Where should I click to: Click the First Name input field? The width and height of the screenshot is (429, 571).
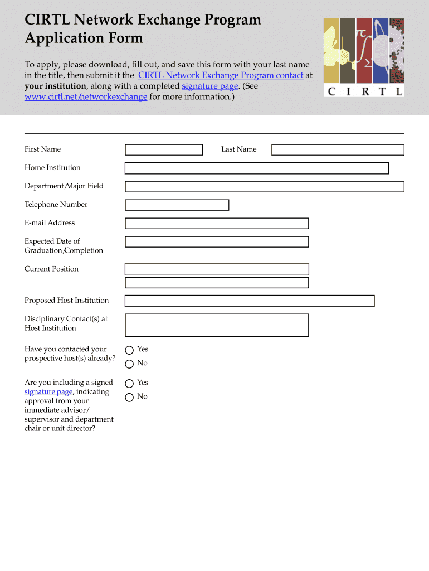[164, 149]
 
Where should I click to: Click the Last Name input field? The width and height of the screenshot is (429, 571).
[338, 149]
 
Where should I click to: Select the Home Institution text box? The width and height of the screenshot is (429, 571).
[256, 168]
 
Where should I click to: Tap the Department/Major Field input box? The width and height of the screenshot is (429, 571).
[264, 186]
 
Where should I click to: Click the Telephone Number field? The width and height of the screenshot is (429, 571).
[177, 205]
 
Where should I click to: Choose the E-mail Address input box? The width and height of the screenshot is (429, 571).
[216, 223]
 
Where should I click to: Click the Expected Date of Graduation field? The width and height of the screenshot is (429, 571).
[216, 241]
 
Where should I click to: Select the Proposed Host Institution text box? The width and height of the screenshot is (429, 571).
[249, 301]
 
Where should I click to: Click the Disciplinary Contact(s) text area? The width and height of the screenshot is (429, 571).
[216, 325]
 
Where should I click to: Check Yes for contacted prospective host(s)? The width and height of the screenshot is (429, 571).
[129, 350]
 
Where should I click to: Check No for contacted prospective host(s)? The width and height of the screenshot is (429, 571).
[129, 364]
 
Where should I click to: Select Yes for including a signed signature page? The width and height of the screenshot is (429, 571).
[129, 383]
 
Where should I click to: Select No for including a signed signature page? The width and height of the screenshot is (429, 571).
[129, 397]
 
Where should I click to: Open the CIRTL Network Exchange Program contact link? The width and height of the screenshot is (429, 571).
[221, 75]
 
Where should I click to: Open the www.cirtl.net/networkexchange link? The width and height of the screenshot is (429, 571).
[86, 97]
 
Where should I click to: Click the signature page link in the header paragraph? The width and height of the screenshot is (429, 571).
[210, 86]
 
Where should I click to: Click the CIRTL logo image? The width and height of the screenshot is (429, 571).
[364, 57]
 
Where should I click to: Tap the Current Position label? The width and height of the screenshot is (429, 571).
[51, 269]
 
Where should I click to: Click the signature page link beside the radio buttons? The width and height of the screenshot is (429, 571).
[48, 392]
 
